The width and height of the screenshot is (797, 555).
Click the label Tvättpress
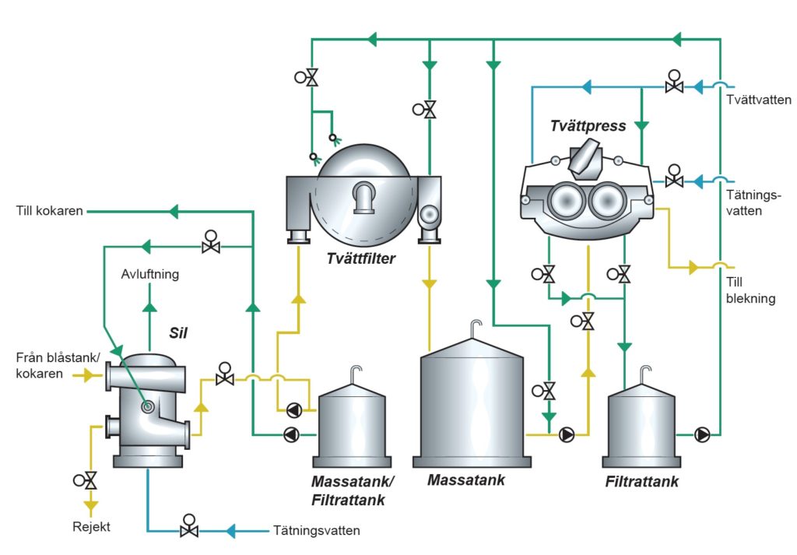pos(588,125)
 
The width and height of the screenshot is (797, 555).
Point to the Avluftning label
pos(150,275)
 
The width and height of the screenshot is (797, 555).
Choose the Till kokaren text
pos(49,211)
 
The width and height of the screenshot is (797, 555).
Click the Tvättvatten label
pos(759,100)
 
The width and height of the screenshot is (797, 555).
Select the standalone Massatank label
pos(466,480)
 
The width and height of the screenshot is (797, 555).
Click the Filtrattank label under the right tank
pos(641,482)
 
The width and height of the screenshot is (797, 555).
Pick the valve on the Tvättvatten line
pos(674,83)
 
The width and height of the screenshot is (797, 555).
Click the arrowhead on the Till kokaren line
pos(174,211)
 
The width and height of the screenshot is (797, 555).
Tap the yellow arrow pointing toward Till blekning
pos(693,268)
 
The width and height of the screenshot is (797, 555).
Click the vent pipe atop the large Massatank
pos(475,327)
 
